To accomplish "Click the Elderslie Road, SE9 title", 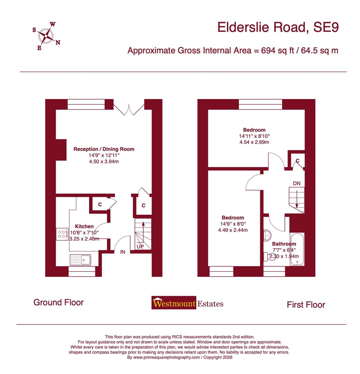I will [277, 27].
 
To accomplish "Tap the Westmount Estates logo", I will [187, 303].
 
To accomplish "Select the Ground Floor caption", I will [58, 302].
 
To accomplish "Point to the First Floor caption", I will [306, 305].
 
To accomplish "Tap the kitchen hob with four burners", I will [62, 234].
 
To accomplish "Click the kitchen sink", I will [80, 259].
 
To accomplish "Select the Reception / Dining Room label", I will [104, 149].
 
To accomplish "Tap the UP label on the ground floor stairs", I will [140, 247].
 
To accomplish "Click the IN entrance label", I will [123, 252].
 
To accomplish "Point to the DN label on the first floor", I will [297, 183].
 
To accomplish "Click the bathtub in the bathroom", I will [297, 249].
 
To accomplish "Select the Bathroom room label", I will [284, 244].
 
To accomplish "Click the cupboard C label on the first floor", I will [297, 161].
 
